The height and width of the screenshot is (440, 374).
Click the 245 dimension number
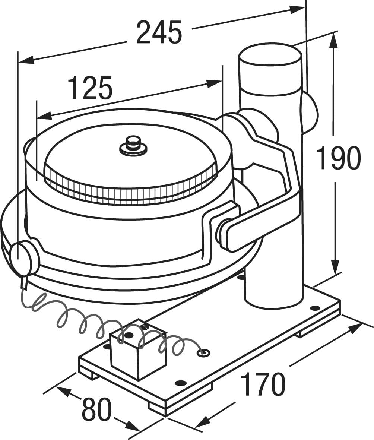point(159,32)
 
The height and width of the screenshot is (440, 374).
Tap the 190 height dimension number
point(338,158)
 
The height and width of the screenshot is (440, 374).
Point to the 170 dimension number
point(263,384)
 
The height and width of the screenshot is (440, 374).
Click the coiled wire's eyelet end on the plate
point(203,352)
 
